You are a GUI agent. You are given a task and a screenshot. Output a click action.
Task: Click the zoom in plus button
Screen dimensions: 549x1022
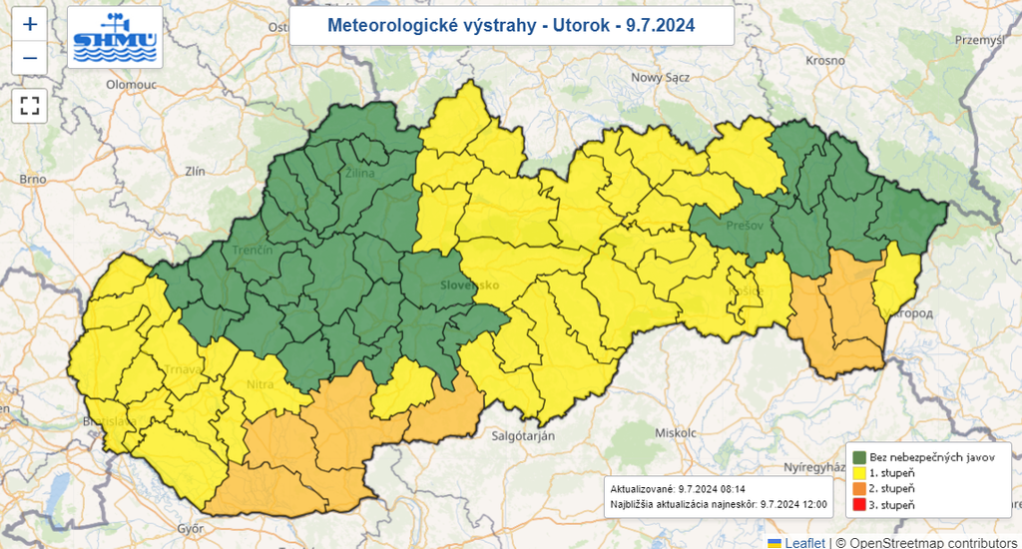tap(29, 24)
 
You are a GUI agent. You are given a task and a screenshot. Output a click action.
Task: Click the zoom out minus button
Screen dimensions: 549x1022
tap(29, 58)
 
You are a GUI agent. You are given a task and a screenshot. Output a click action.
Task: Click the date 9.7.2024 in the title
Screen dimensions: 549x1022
tap(660, 25)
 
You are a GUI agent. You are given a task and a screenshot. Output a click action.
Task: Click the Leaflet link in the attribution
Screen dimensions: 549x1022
tap(804, 542)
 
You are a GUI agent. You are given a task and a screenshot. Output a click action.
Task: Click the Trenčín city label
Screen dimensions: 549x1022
tap(252, 249)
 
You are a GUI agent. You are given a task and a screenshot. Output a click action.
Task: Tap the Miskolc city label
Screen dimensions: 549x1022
tap(673, 432)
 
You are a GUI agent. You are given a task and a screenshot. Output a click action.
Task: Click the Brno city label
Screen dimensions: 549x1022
tap(33, 179)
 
